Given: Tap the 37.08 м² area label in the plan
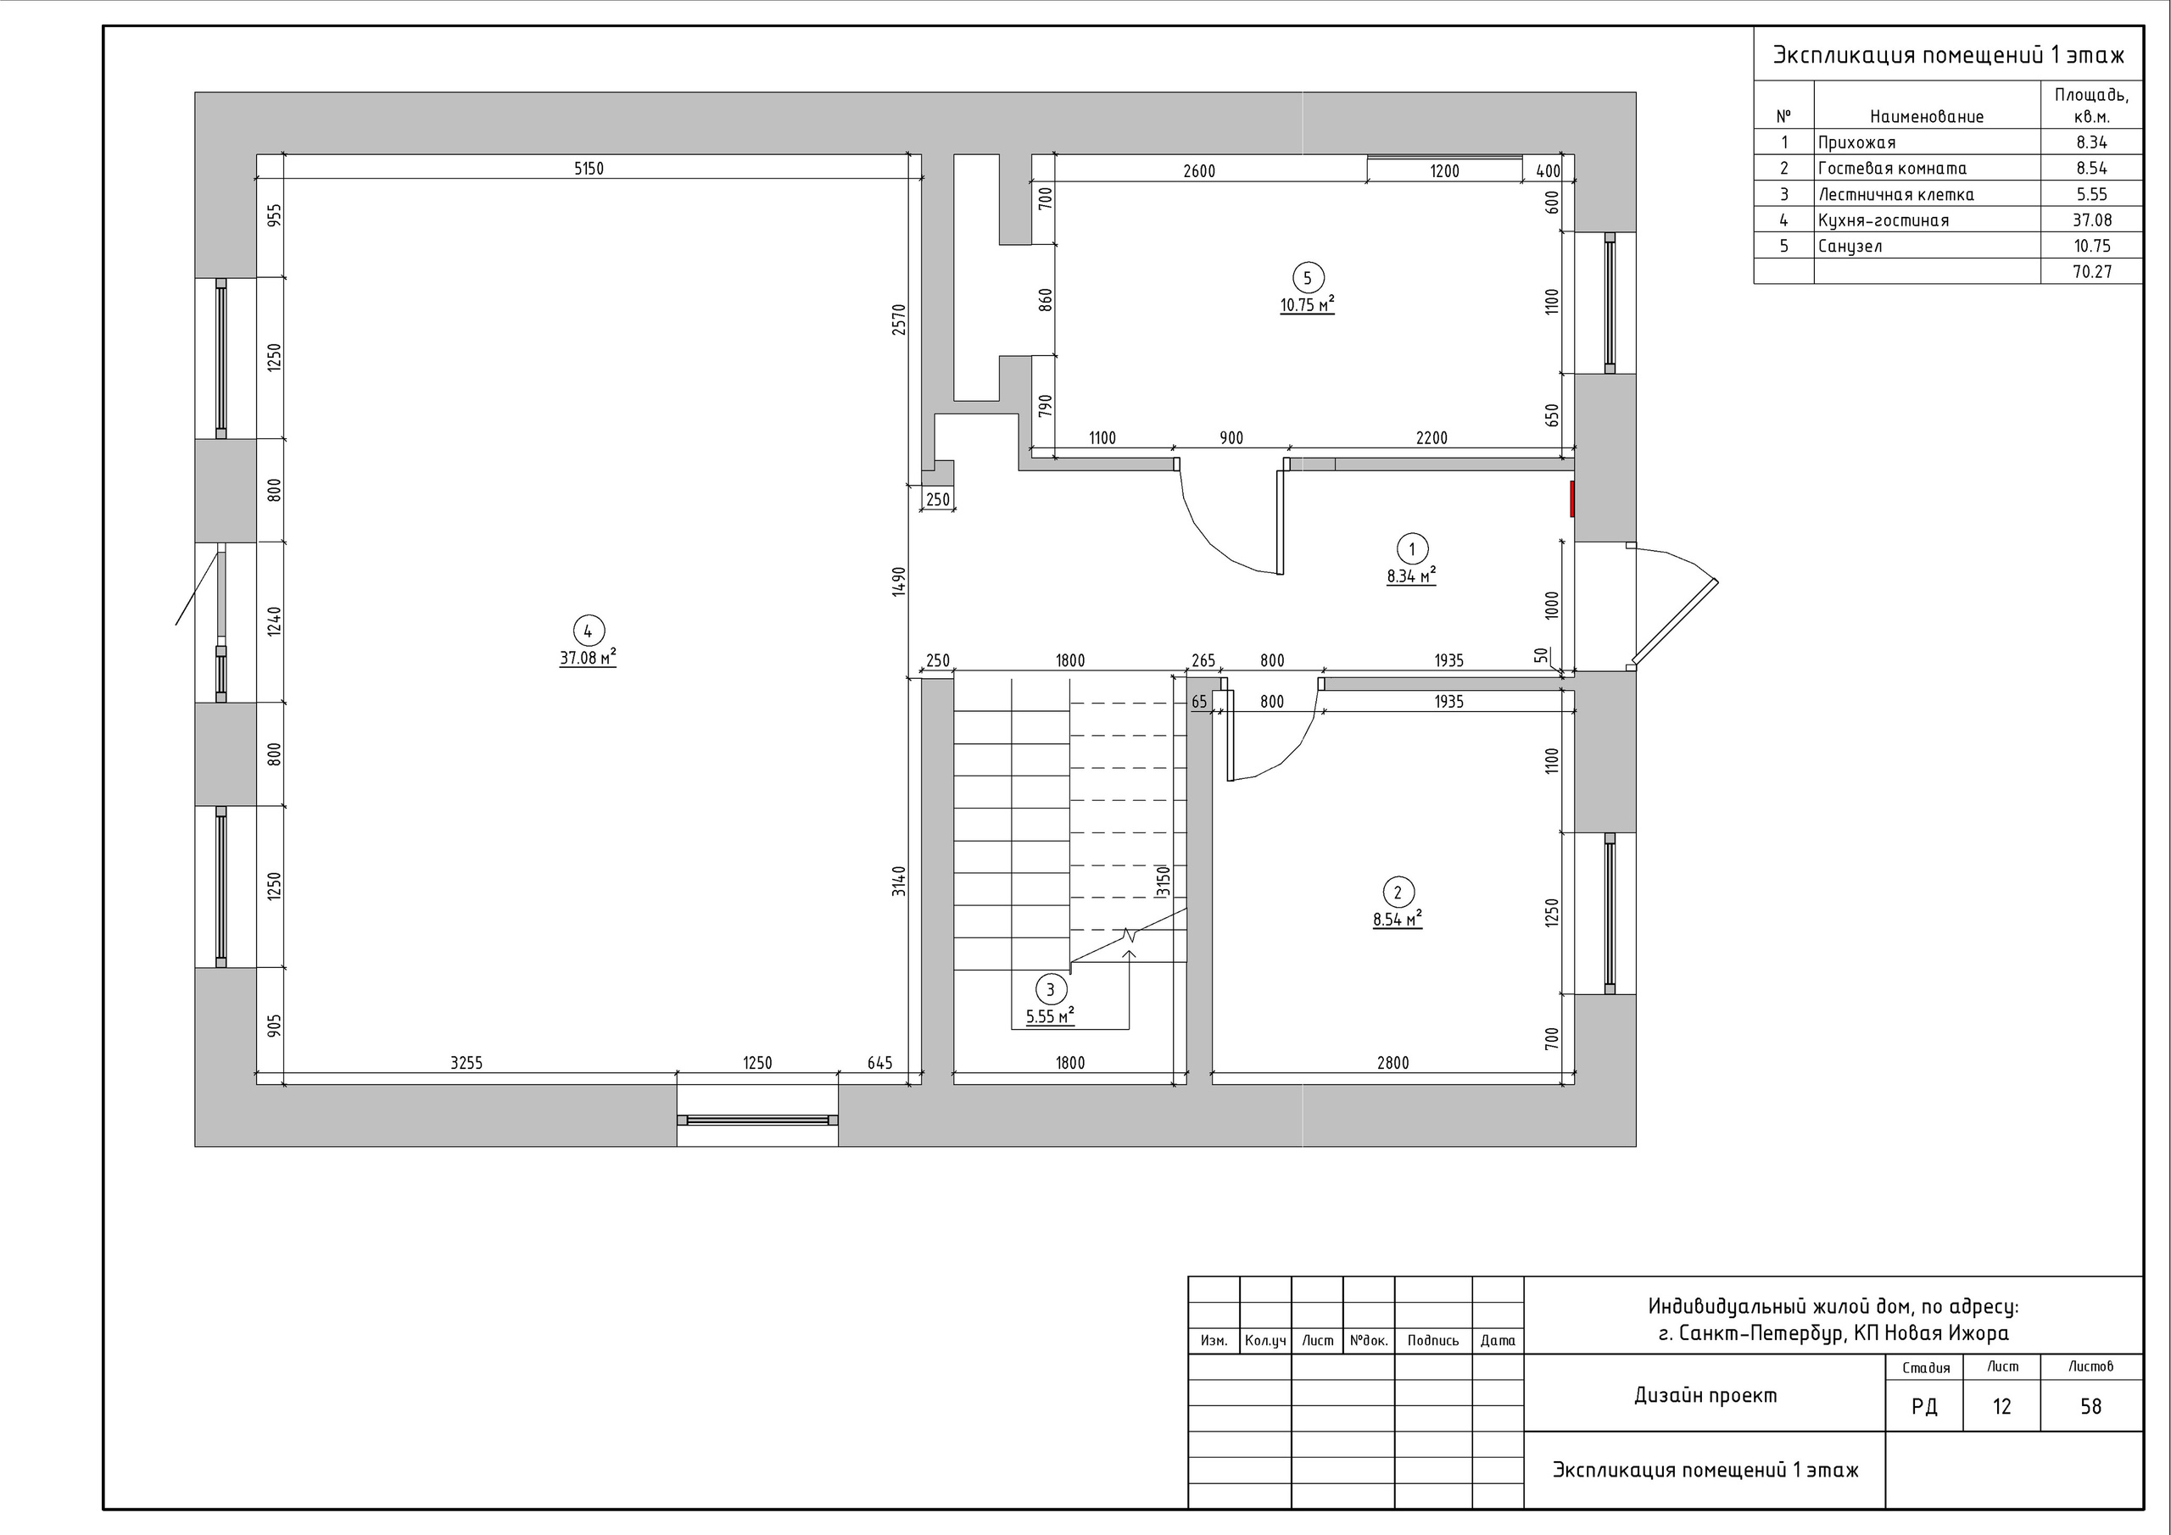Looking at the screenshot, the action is click(587, 658).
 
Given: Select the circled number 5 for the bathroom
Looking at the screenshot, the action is click(1308, 278).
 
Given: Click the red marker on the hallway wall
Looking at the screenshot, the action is click(1572, 499).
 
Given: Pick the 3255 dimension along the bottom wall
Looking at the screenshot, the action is click(466, 1064).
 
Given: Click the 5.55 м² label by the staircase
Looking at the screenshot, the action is click(1050, 1017).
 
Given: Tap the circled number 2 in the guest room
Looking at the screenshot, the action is click(1398, 893).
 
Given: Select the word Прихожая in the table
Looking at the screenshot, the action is click(1856, 142).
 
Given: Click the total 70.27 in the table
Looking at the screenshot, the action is click(2091, 272).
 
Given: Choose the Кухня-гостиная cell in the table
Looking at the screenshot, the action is click(1884, 220).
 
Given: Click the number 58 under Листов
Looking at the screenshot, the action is click(2090, 1406).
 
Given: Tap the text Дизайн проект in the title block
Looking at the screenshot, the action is click(1705, 1395).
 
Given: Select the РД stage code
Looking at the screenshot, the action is click(1924, 1407).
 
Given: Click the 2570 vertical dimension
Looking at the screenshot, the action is click(899, 320).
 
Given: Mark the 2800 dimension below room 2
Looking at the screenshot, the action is click(1392, 1064).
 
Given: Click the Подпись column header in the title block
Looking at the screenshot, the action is click(1432, 1340).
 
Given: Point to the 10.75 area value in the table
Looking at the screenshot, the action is click(2091, 246).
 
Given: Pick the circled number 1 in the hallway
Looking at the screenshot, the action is click(1412, 549).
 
